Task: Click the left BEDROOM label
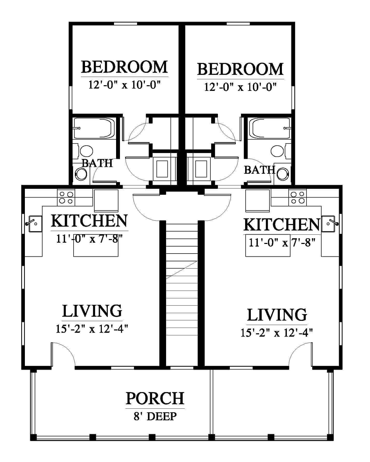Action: coord(124,67)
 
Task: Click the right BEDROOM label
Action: coord(240,69)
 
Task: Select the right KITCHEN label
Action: coord(282,224)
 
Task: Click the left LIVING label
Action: coord(92,311)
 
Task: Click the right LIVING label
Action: coord(277,315)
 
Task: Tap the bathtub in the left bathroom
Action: coord(94,128)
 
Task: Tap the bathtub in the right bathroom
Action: coord(270,128)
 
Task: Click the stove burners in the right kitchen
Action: coord(297,197)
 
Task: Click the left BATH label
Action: coord(97,163)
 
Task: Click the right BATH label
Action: coord(259,170)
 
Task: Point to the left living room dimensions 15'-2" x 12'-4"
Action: coord(92,329)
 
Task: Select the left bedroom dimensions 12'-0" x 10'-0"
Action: coord(125,85)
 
